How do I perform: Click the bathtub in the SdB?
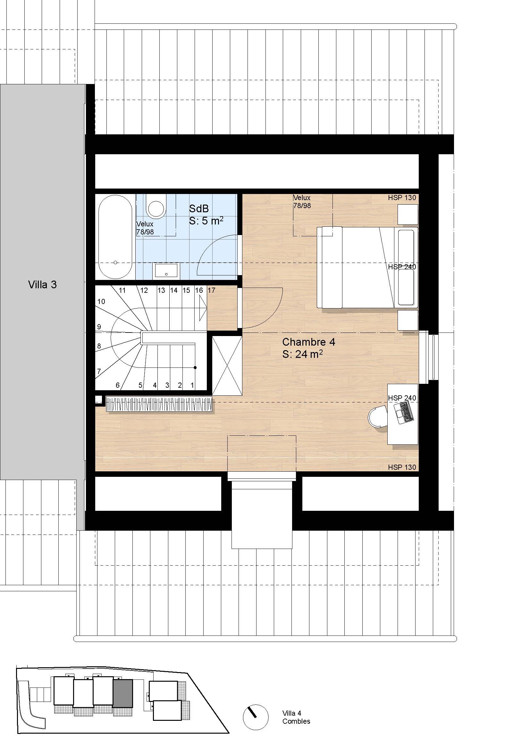point(115,237)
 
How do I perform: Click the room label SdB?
point(198,208)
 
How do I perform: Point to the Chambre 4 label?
point(308,342)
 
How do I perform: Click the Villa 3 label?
point(42,285)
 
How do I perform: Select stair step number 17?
point(211,290)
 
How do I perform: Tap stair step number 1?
point(192,385)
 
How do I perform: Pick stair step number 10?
point(101,301)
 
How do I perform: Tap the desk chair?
point(377,417)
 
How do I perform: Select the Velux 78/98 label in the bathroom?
point(145,228)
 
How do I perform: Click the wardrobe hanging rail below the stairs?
point(159,404)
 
